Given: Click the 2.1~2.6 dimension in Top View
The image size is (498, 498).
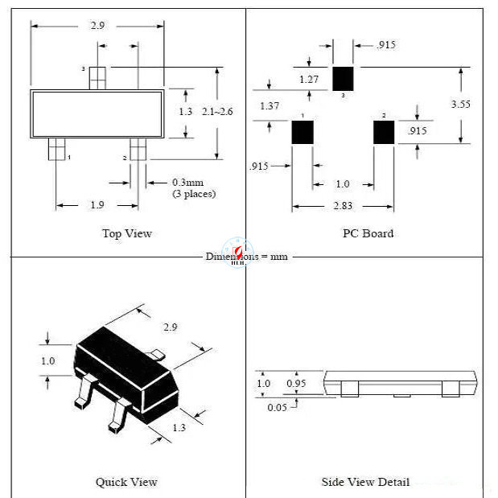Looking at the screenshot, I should coord(217,112).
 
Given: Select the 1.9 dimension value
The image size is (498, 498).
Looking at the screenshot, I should coord(97,205).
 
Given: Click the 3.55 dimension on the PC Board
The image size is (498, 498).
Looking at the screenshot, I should coord(460,105).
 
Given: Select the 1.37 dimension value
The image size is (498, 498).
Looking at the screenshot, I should coord(269,106).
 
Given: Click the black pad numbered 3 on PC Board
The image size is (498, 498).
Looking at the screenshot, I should coord(344,78).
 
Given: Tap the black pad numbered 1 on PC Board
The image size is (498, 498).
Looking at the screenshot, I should coord(303,132).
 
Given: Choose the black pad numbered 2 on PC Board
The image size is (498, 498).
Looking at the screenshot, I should coord(383,132).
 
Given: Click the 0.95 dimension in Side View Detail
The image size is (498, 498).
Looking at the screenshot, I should coord(296,384).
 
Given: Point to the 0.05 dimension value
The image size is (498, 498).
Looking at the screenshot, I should coord(277,406).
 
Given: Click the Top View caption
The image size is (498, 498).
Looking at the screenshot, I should coord(126,233).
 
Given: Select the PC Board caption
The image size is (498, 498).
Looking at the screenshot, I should coord(368,233).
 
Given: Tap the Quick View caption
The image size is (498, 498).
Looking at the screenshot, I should coord(126,482).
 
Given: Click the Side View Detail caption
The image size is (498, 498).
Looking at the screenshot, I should coord(365,482).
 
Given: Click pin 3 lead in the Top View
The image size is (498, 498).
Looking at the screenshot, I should coord(97,77).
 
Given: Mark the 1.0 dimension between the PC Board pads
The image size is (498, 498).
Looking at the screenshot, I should coord(342,184).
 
